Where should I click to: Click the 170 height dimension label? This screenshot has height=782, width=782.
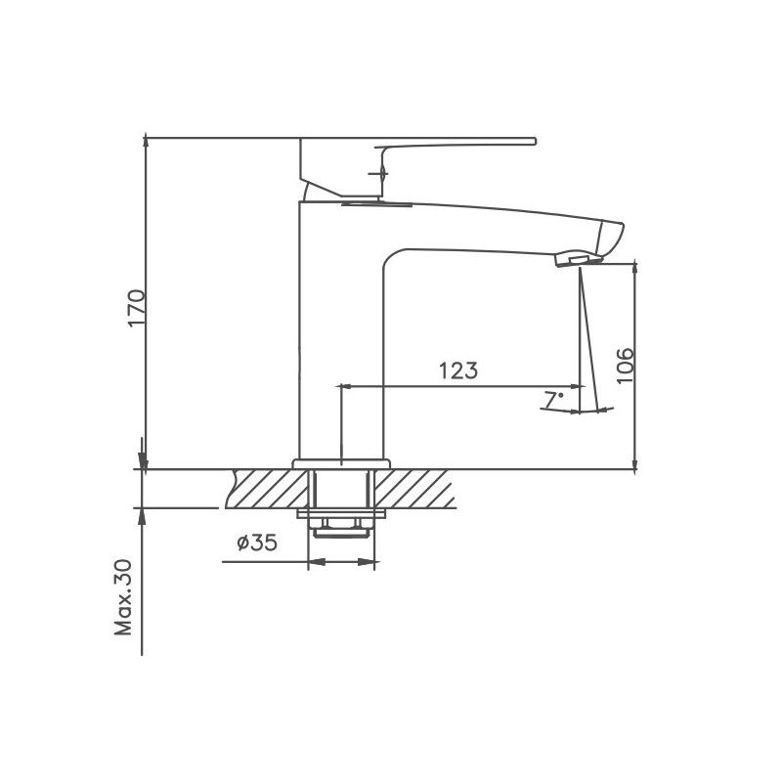coord(136,308)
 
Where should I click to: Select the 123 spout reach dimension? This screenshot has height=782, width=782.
coord(457,370)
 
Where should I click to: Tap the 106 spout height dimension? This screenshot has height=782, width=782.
coord(626,365)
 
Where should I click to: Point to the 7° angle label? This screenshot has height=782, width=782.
coord(553,399)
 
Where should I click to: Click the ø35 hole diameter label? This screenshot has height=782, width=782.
coord(256,543)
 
